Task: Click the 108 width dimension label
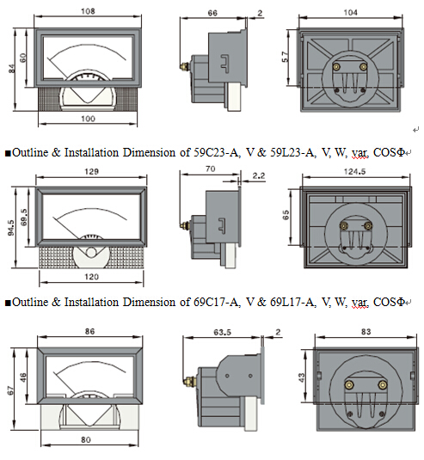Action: [x=88, y=11]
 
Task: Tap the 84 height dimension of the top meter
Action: [x=11, y=69]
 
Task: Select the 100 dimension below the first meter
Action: [x=88, y=119]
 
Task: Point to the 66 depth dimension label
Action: [x=212, y=13]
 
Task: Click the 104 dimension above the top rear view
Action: [x=351, y=13]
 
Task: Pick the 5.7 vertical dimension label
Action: [x=285, y=57]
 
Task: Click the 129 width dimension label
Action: [x=91, y=172]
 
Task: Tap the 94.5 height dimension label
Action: [x=11, y=228]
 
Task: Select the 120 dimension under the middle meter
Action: [x=91, y=277]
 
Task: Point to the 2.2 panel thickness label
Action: [x=259, y=175]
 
